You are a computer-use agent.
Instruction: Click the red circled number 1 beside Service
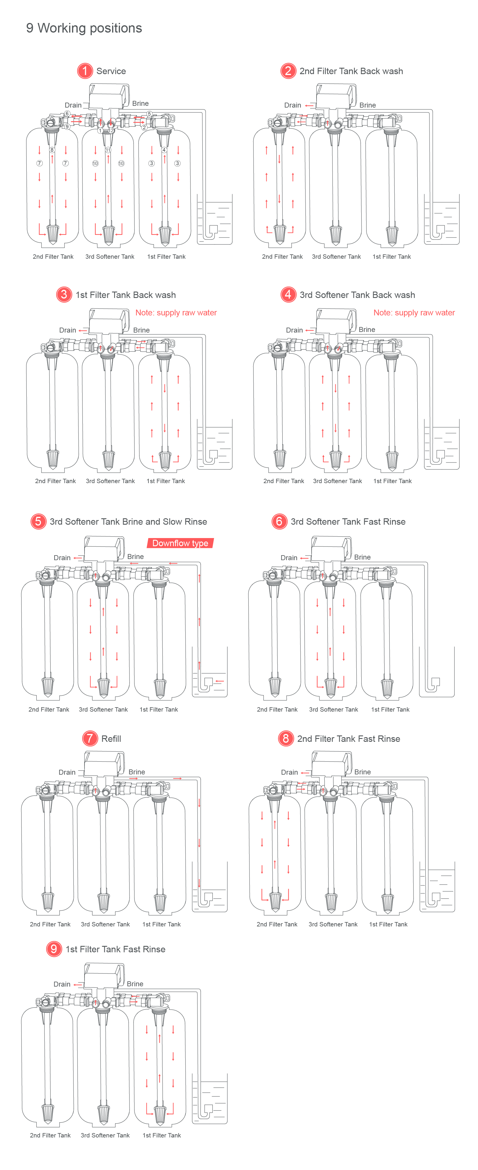pos(85,71)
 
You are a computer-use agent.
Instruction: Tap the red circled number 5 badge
pos(38,521)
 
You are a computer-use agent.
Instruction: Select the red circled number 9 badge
pos(53,949)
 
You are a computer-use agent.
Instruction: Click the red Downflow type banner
pos(180,543)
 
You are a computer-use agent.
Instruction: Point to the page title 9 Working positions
pos(84,28)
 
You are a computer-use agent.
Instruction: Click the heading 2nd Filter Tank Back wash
pos(351,71)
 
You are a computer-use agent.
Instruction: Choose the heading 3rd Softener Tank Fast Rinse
pos(348,521)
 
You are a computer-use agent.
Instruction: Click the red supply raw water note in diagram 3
pos(176,312)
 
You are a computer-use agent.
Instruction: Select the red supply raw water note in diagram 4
pos(414,312)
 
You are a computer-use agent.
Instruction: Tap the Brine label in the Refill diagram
pos(137,772)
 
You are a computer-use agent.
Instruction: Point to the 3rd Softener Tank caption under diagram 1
pos(110,257)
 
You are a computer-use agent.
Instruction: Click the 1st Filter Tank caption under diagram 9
pos(161,1135)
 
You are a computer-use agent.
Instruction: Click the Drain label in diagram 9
pos(62,984)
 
